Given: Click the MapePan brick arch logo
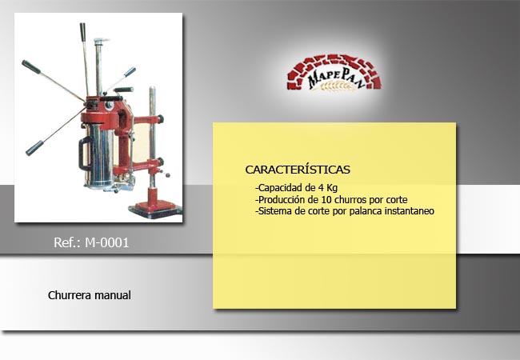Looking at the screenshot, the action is tap(334, 73).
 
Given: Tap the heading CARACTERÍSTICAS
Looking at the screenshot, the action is tap(298, 170).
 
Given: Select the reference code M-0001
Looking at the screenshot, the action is tap(106, 242).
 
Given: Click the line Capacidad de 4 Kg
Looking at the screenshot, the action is tap(297, 188).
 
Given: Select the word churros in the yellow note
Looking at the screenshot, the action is tap(350, 200).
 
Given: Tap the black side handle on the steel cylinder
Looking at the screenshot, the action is tap(84, 154).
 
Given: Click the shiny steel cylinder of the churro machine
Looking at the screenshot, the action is tap(99, 157).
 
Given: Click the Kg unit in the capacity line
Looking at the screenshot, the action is tap(332, 188).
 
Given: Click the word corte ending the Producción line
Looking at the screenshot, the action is tap(397, 200).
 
